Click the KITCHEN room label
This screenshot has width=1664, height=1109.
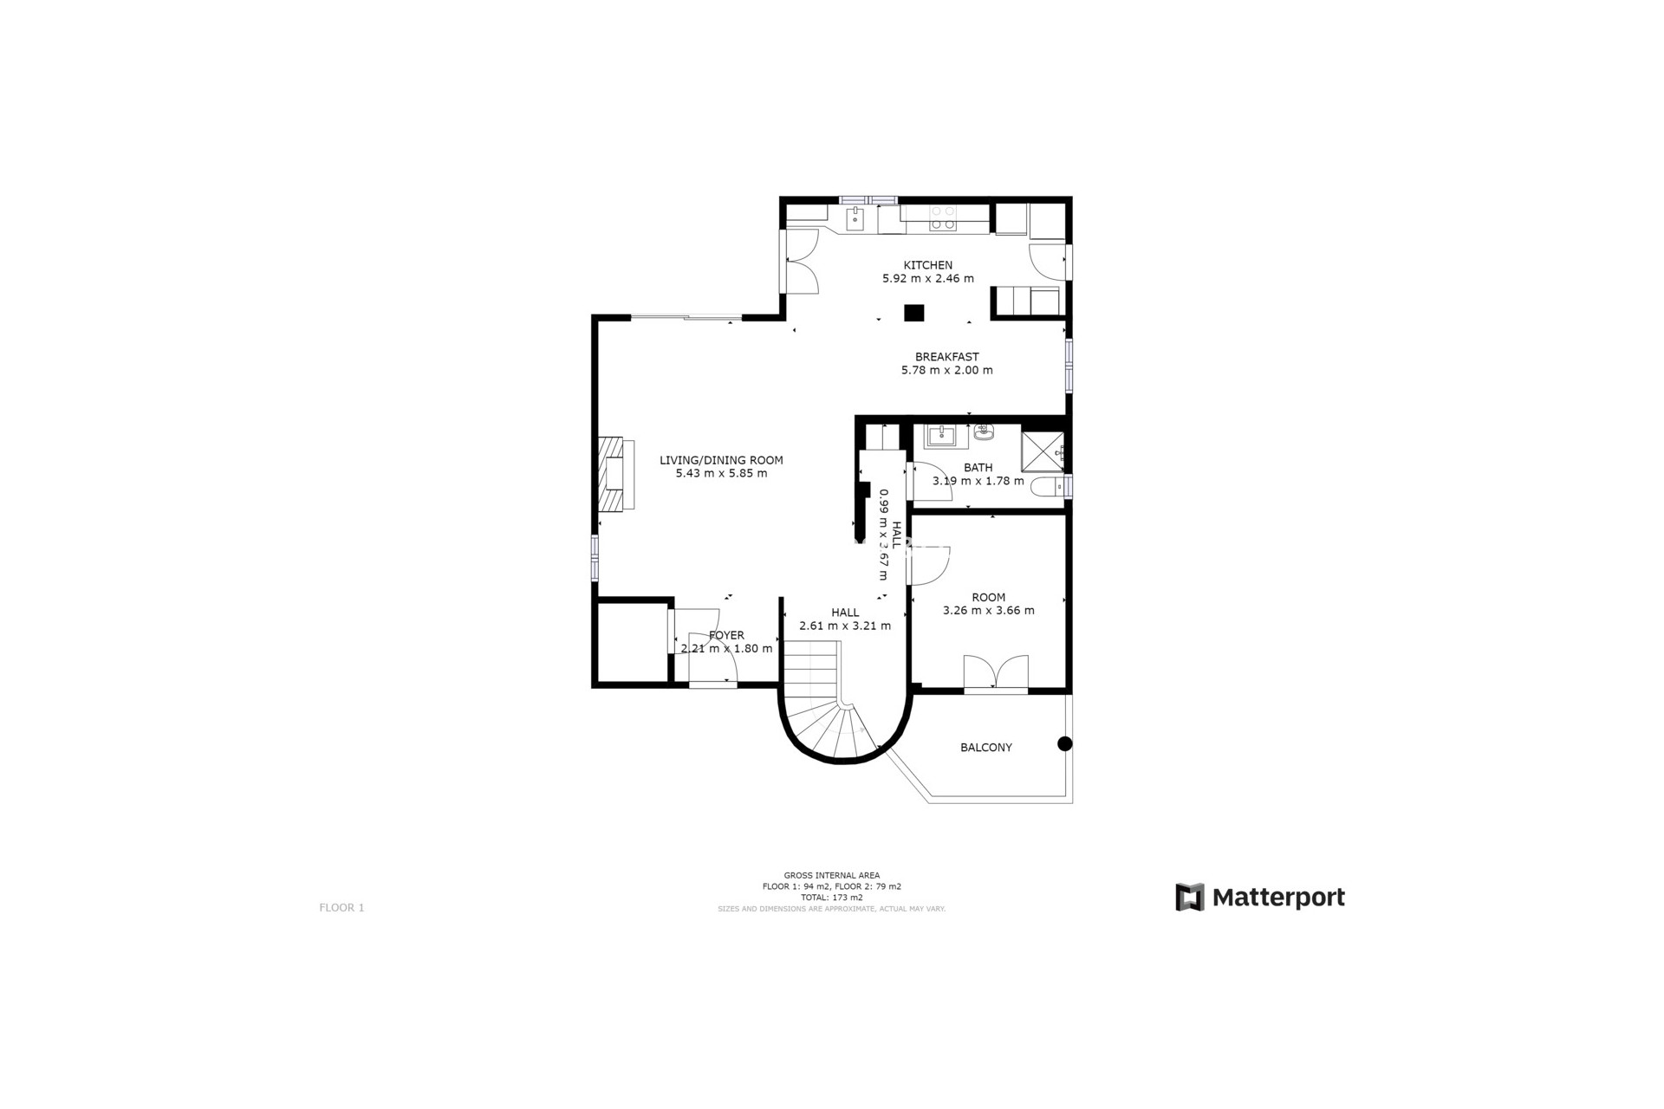pyautogui.click(x=927, y=265)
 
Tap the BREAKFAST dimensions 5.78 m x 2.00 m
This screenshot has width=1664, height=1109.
pyautogui.click(x=946, y=370)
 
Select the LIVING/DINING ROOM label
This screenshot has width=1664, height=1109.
pyautogui.click(x=721, y=460)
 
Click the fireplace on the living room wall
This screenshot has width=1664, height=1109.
pyautogui.click(x=614, y=474)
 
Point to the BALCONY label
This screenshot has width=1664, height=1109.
pyautogui.click(x=985, y=748)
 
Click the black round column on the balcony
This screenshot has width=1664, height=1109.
pyautogui.click(x=1064, y=743)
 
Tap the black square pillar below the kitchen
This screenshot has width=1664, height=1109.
pyautogui.click(x=913, y=313)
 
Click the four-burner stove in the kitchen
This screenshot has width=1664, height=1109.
pyautogui.click(x=943, y=217)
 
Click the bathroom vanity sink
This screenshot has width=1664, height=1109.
pyautogui.click(x=939, y=435)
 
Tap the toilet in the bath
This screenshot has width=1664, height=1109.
pyautogui.click(x=1048, y=487)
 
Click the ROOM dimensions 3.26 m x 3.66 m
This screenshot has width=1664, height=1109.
pyautogui.click(x=988, y=610)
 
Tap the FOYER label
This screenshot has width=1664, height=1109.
pyautogui.click(x=726, y=635)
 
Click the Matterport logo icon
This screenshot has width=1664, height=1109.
pyautogui.click(x=1189, y=897)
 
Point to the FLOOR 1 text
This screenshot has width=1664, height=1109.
pyautogui.click(x=341, y=908)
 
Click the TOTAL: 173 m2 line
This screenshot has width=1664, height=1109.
pyautogui.click(x=831, y=898)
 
